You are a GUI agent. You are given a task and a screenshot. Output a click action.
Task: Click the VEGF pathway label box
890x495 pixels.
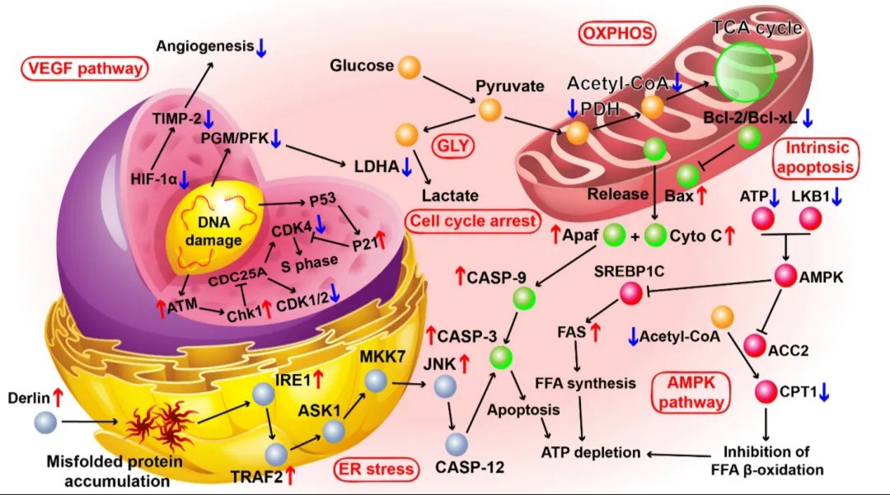point(85,69)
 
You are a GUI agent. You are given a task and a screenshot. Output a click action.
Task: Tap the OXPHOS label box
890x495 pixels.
point(617,34)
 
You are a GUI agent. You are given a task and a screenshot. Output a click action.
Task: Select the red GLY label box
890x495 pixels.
point(453,147)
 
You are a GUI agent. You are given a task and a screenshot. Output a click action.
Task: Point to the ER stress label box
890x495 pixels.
point(376,469)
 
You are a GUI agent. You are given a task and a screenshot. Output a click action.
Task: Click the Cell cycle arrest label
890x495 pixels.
point(473,221)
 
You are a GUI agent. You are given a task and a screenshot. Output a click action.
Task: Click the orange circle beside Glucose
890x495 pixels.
point(410,67)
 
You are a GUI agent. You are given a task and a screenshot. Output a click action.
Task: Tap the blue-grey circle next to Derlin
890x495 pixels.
point(46,423)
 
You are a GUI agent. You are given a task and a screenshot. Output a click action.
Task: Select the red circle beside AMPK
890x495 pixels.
point(785,276)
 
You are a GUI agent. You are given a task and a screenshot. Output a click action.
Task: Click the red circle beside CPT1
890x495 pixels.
point(766,391)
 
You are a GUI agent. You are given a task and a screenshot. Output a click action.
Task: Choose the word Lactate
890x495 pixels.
point(450,196)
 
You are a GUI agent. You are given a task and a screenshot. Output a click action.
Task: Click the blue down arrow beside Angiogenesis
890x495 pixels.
point(261,48)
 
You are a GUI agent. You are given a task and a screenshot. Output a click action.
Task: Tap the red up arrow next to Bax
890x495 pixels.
point(701,196)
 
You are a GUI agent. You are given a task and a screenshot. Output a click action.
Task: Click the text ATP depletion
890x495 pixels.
point(591,452)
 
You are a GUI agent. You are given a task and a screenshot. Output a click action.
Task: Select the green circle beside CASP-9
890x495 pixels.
point(524,298)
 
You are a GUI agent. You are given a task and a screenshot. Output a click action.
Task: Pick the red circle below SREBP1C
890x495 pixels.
point(630,293)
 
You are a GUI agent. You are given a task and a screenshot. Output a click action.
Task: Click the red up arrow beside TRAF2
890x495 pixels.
point(291,475)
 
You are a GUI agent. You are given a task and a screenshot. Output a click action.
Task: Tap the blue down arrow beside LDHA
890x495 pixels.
point(406,166)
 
